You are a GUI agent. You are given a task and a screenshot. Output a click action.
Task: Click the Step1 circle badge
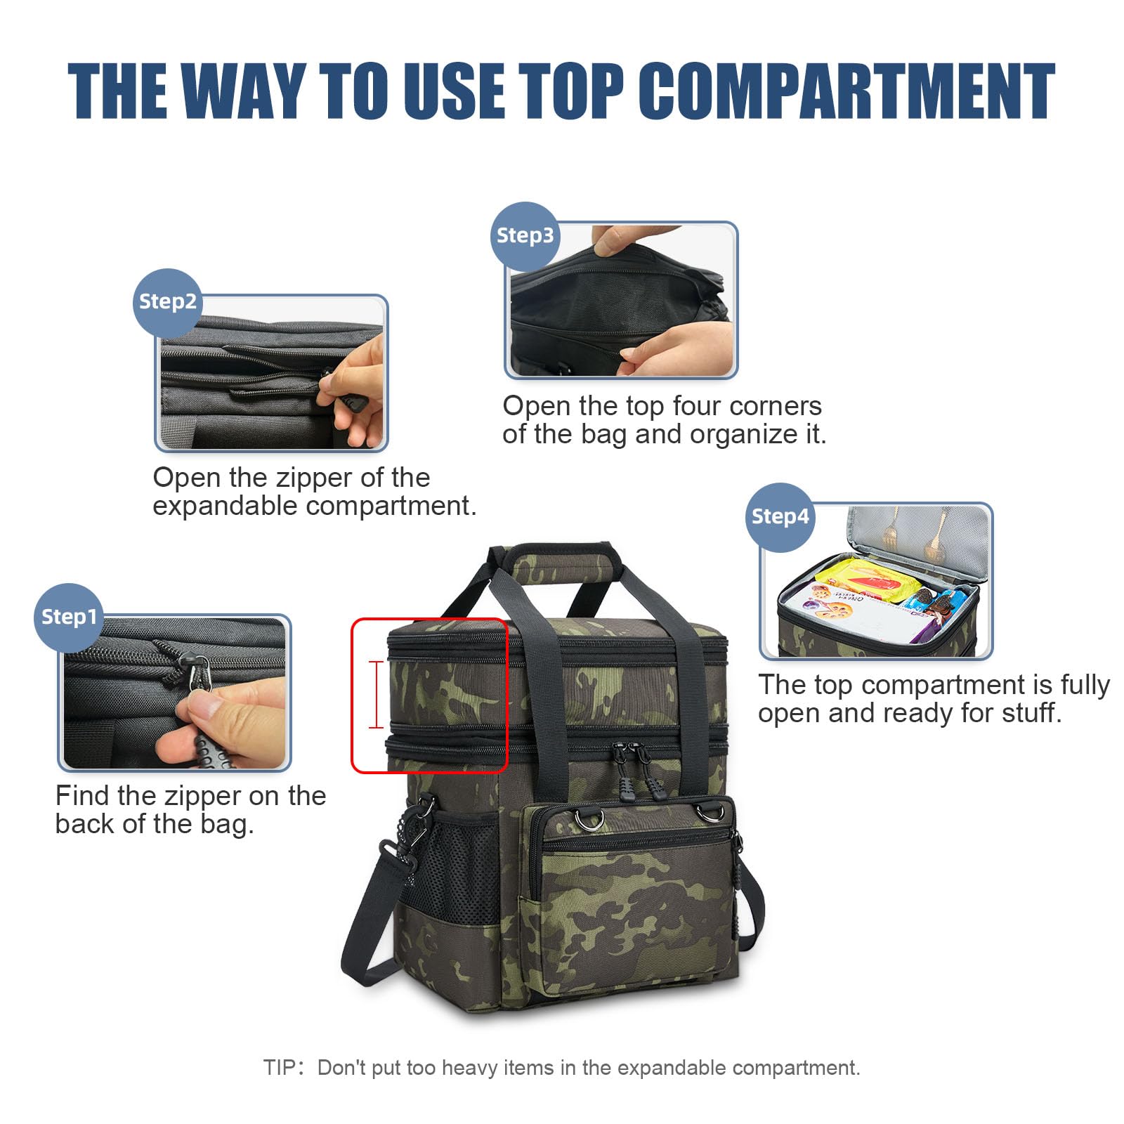68,617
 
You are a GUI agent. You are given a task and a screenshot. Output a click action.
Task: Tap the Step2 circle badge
167,302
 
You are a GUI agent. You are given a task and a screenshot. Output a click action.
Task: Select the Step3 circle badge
525,236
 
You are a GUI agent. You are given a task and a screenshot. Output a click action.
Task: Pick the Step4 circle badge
780,517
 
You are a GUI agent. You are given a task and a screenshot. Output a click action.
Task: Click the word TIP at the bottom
279,1068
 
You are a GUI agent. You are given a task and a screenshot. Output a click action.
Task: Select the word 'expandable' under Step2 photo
225,507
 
